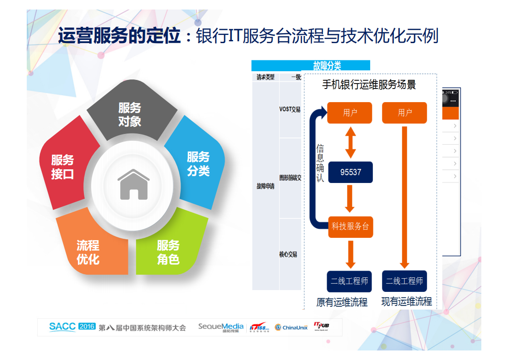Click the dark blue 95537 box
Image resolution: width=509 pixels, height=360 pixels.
pos(350,173)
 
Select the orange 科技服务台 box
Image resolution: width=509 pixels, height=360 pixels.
pos(350,226)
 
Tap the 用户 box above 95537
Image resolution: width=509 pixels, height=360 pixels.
pos(350,113)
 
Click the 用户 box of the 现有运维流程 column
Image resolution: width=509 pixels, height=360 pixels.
pos(404,113)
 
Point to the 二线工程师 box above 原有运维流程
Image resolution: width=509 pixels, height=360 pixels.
pos(349,281)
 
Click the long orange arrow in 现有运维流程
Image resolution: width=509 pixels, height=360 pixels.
pos(404,197)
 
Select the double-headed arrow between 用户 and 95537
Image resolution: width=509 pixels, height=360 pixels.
pos(350,142)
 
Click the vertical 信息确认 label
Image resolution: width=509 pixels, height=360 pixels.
pos(320,163)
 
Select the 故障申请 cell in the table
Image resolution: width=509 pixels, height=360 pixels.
pos(265,186)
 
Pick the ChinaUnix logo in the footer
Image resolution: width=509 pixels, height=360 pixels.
pos(291,327)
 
